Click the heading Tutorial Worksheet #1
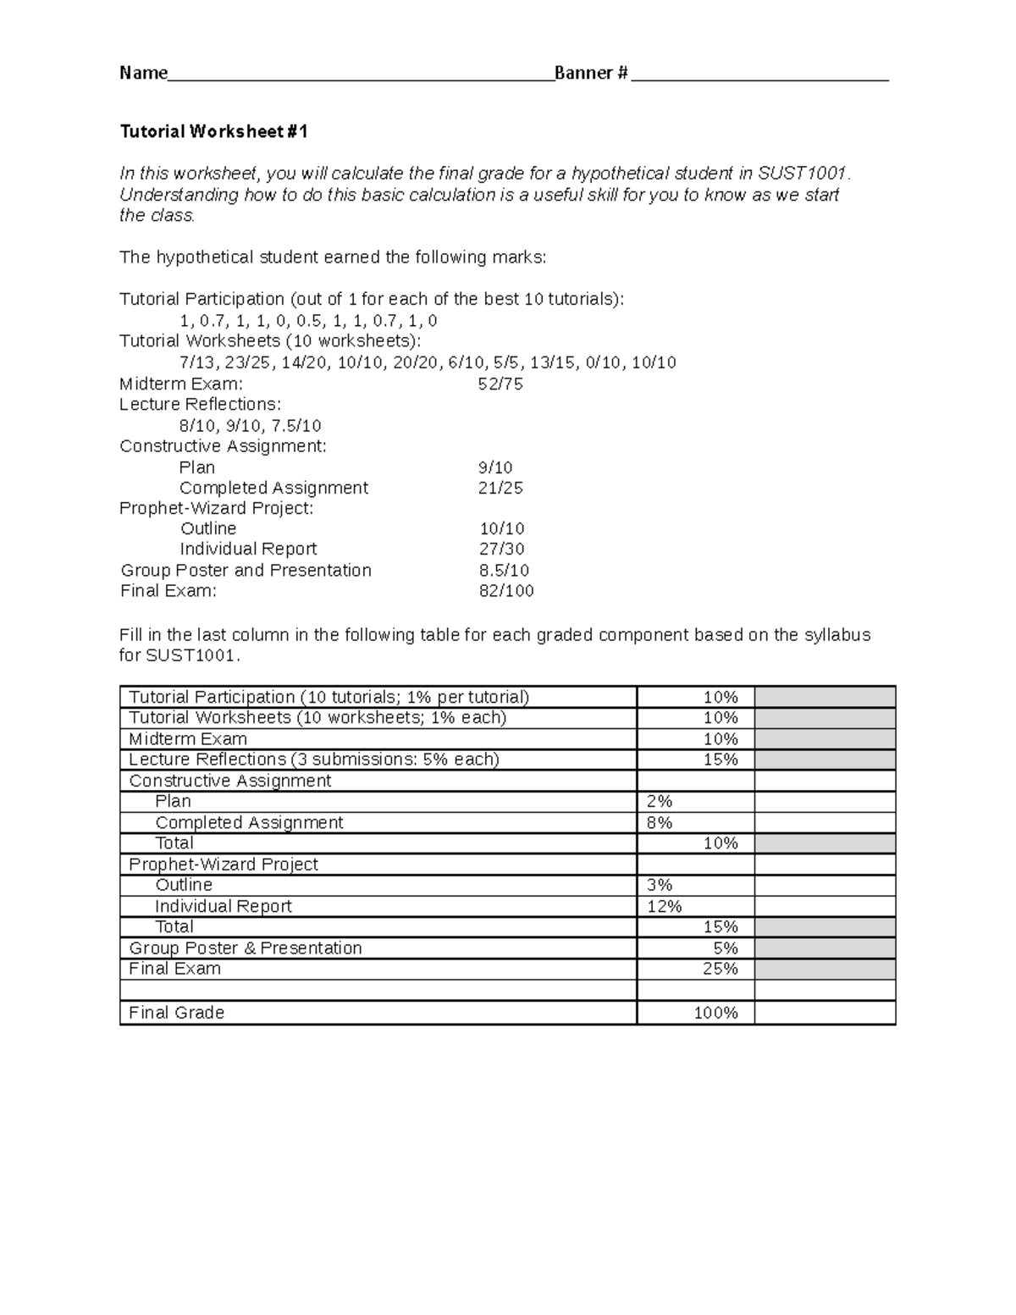pyautogui.click(x=214, y=131)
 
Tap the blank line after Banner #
pyautogui.click(x=759, y=75)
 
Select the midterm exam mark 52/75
pyautogui.click(x=500, y=384)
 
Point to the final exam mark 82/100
pyautogui.click(x=506, y=591)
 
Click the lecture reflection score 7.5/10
pyautogui.click(x=293, y=426)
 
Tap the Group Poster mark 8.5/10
pyautogui.click(x=504, y=571)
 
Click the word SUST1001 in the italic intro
pyautogui.click(x=802, y=174)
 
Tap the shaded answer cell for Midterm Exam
pyautogui.click(x=825, y=738)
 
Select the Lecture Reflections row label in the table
pyautogui.click(x=313, y=760)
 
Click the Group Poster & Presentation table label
pyautogui.click(x=245, y=948)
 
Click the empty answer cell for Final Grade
pyautogui.click(x=825, y=1013)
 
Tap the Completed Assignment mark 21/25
pyautogui.click(x=501, y=488)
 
